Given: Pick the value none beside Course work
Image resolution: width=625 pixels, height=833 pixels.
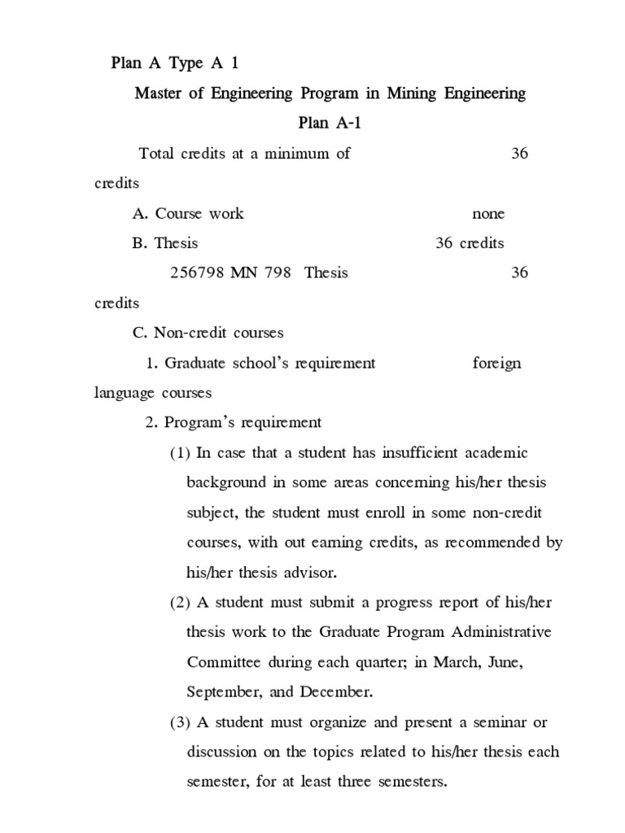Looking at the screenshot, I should [488, 214].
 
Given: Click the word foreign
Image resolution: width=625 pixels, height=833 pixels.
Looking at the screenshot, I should [496, 363].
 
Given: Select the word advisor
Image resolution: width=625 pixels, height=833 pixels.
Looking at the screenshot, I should [308, 572].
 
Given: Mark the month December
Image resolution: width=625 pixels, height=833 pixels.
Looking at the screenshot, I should [335, 692].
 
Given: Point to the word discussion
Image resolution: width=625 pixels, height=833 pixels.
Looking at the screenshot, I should [223, 752].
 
